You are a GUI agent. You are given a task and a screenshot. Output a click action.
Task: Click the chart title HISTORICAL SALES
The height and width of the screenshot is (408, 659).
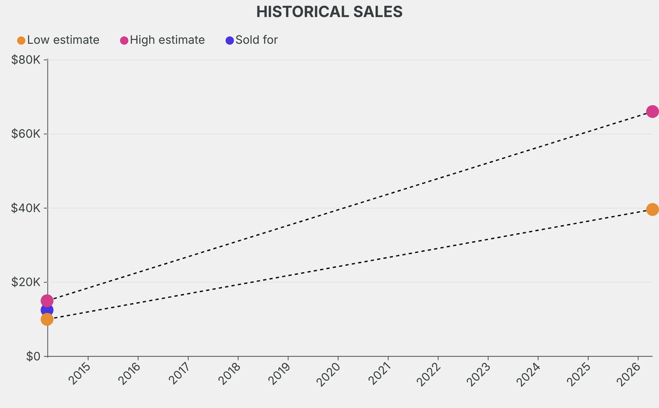(x=329, y=12)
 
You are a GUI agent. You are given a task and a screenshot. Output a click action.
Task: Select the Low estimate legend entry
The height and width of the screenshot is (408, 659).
(x=59, y=40)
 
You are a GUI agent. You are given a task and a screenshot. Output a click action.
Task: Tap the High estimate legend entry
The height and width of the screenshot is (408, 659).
(x=163, y=40)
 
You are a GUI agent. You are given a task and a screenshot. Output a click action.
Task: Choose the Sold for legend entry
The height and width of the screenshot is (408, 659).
(x=252, y=40)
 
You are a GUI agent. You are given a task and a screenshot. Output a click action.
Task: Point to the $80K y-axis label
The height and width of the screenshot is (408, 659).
(x=26, y=60)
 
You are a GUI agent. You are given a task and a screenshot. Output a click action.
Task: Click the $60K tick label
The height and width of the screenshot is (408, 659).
(x=26, y=134)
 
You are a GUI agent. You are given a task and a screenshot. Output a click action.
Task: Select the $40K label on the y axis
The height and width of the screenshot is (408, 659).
(x=26, y=208)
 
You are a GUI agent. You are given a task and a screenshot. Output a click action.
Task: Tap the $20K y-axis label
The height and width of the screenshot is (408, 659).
(x=26, y=282)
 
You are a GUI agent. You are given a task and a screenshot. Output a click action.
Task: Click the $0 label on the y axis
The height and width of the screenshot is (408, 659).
(x=32, y=356)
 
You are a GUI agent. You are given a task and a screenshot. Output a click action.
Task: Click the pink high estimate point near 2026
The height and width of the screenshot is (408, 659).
(x=652, y=111)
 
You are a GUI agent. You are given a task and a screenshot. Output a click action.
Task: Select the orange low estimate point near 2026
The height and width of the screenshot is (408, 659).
(x=652, y=209)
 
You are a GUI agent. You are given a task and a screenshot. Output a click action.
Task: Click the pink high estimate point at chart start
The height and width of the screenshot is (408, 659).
(x=47, y=300)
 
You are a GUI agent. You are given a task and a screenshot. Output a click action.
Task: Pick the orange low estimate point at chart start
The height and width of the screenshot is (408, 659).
(x=47, y=319)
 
